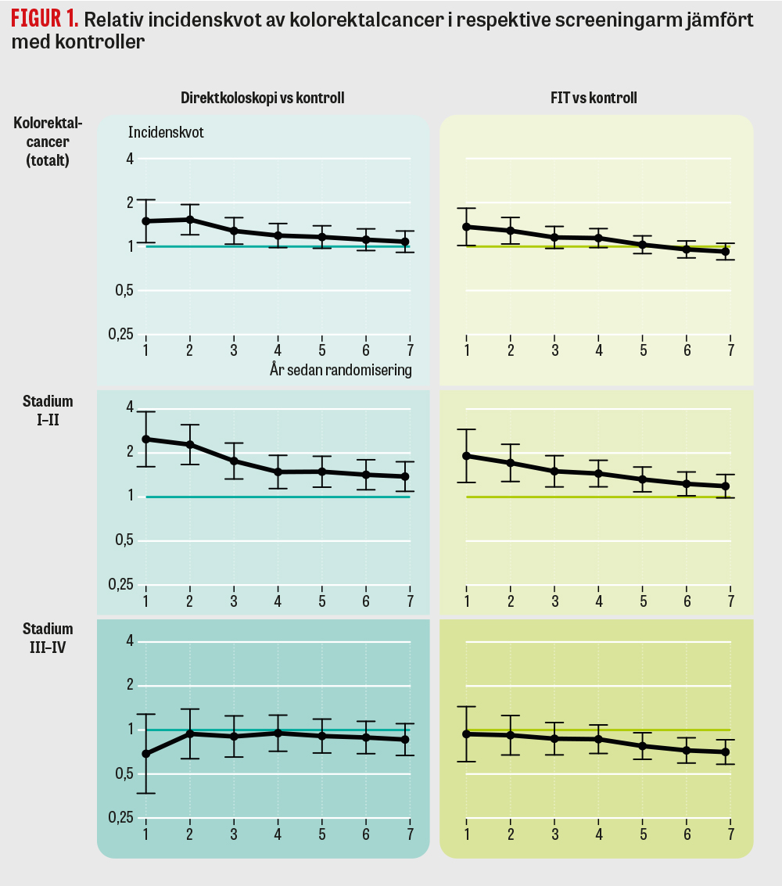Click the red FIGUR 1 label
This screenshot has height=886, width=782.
click(44, 19)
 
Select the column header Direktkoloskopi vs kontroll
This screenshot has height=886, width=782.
click(263, 98)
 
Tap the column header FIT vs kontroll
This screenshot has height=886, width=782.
click(594, 98)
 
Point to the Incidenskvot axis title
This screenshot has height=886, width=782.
click(166, 132)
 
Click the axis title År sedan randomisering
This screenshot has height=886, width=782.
click(340, 370)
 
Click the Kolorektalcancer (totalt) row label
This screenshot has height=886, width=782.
click(48, 142)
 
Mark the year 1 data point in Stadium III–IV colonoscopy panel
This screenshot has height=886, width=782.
click(145, 754)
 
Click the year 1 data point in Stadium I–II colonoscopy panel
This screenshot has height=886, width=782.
click(145, 439)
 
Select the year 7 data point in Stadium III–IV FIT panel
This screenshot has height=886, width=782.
click(725, 752)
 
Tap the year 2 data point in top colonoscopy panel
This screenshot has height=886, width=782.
click(189, 220)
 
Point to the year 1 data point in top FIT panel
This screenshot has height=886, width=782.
click(467, 227)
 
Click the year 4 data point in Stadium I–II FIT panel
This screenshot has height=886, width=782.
click(599, 473)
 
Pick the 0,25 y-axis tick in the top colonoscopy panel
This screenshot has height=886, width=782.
click(120, 334)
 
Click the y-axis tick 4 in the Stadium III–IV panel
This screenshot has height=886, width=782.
click(130, 641)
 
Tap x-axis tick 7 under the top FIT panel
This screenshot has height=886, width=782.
click(730, 350)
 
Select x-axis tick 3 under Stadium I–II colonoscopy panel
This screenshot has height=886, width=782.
click(233, 601)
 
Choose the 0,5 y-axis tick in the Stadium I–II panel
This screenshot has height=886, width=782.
click(124, 540)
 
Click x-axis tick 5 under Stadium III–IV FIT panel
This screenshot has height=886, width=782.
click(643, 834)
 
